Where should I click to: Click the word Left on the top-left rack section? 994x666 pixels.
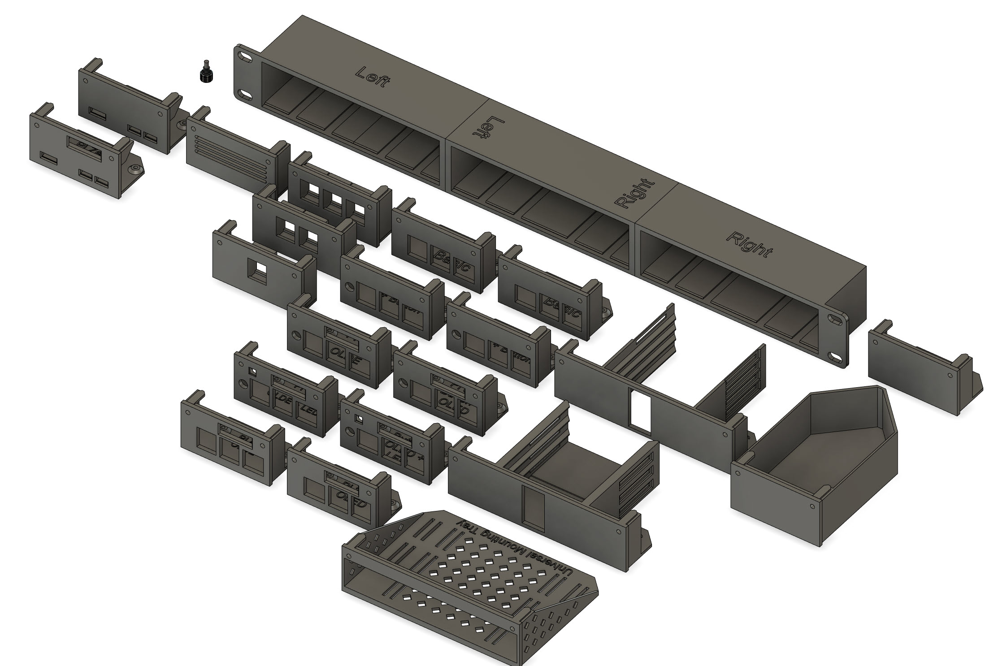372,78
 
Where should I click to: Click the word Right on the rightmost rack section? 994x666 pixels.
749,244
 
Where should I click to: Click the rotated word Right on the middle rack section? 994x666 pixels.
636,194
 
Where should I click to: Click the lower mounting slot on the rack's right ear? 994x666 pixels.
835,357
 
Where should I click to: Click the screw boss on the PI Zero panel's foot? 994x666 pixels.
135,169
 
